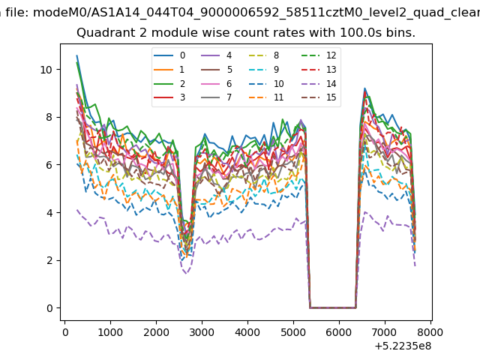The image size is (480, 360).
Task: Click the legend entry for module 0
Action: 169,55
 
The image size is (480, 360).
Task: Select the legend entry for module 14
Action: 319,83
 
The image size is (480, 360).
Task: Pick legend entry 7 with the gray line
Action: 217,97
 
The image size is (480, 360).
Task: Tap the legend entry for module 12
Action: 319,55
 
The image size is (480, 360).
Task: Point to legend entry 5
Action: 217,70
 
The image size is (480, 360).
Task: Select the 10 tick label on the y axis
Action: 46,70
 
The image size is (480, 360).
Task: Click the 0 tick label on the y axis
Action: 49,308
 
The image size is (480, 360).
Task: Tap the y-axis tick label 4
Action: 49,213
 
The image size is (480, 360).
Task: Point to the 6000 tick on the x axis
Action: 339,332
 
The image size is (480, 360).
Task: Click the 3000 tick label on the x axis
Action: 202,332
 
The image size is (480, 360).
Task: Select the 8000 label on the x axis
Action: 430,332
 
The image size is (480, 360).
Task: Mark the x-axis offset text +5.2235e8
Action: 403,346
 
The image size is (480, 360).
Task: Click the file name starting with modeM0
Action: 256,13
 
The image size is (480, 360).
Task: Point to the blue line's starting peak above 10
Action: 76,55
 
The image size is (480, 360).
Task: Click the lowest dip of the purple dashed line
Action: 186,273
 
